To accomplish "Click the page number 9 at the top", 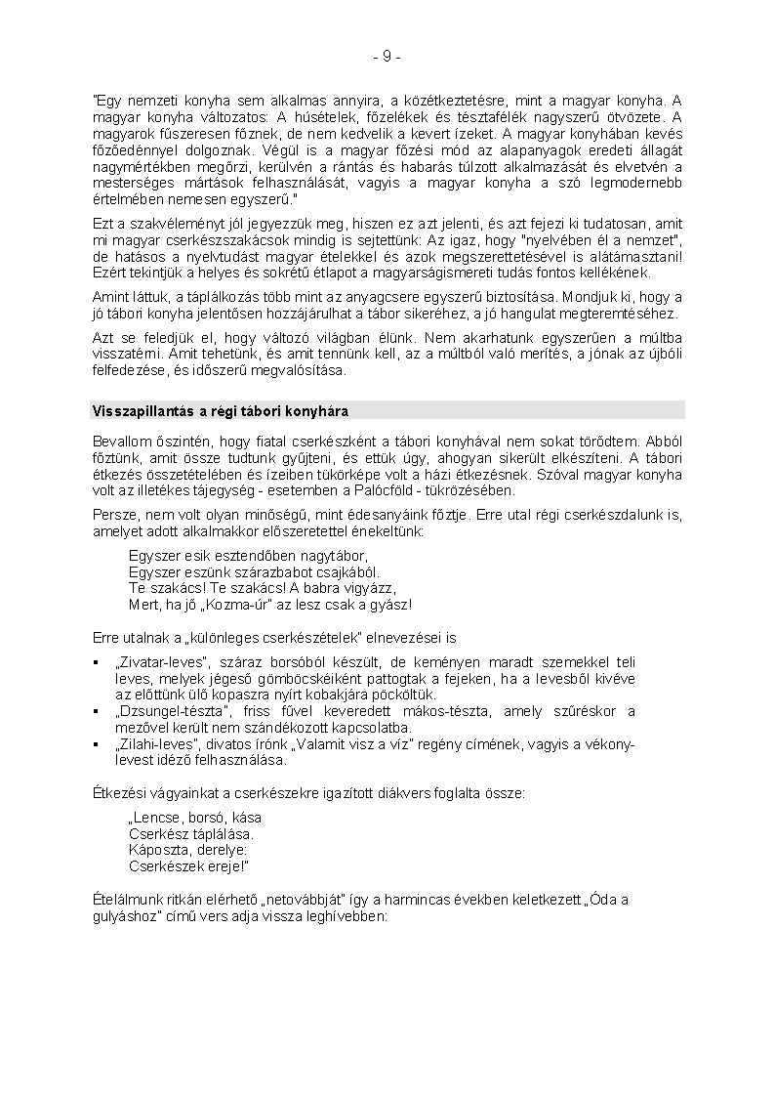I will click(x=387, y=57).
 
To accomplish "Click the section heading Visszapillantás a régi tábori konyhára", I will click(x=220, y=410).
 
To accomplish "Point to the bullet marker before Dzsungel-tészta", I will click(x=96, y=711).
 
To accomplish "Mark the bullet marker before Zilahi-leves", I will click(x=96, y=745).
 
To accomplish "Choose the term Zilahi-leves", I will click(x=151, y=744).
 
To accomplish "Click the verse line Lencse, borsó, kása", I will click(x=195, y=817).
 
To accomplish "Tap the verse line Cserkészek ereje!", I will click(x=188, y=865).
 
